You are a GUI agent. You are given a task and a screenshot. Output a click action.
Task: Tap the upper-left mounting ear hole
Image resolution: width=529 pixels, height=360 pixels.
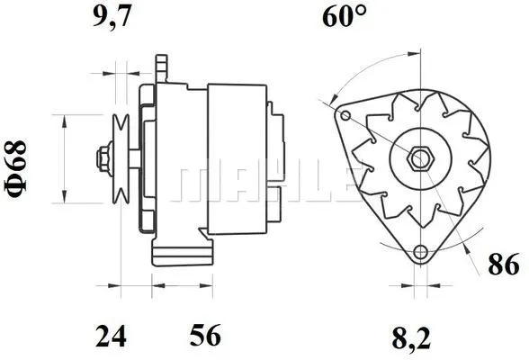pyautogui.click(x=345, y=116)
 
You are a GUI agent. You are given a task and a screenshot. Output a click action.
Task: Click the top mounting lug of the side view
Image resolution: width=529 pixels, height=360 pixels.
pyautogui.click(x=162, y=67)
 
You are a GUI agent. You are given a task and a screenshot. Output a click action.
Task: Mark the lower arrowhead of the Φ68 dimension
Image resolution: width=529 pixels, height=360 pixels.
pyautogui.click(x=63, y=197)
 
